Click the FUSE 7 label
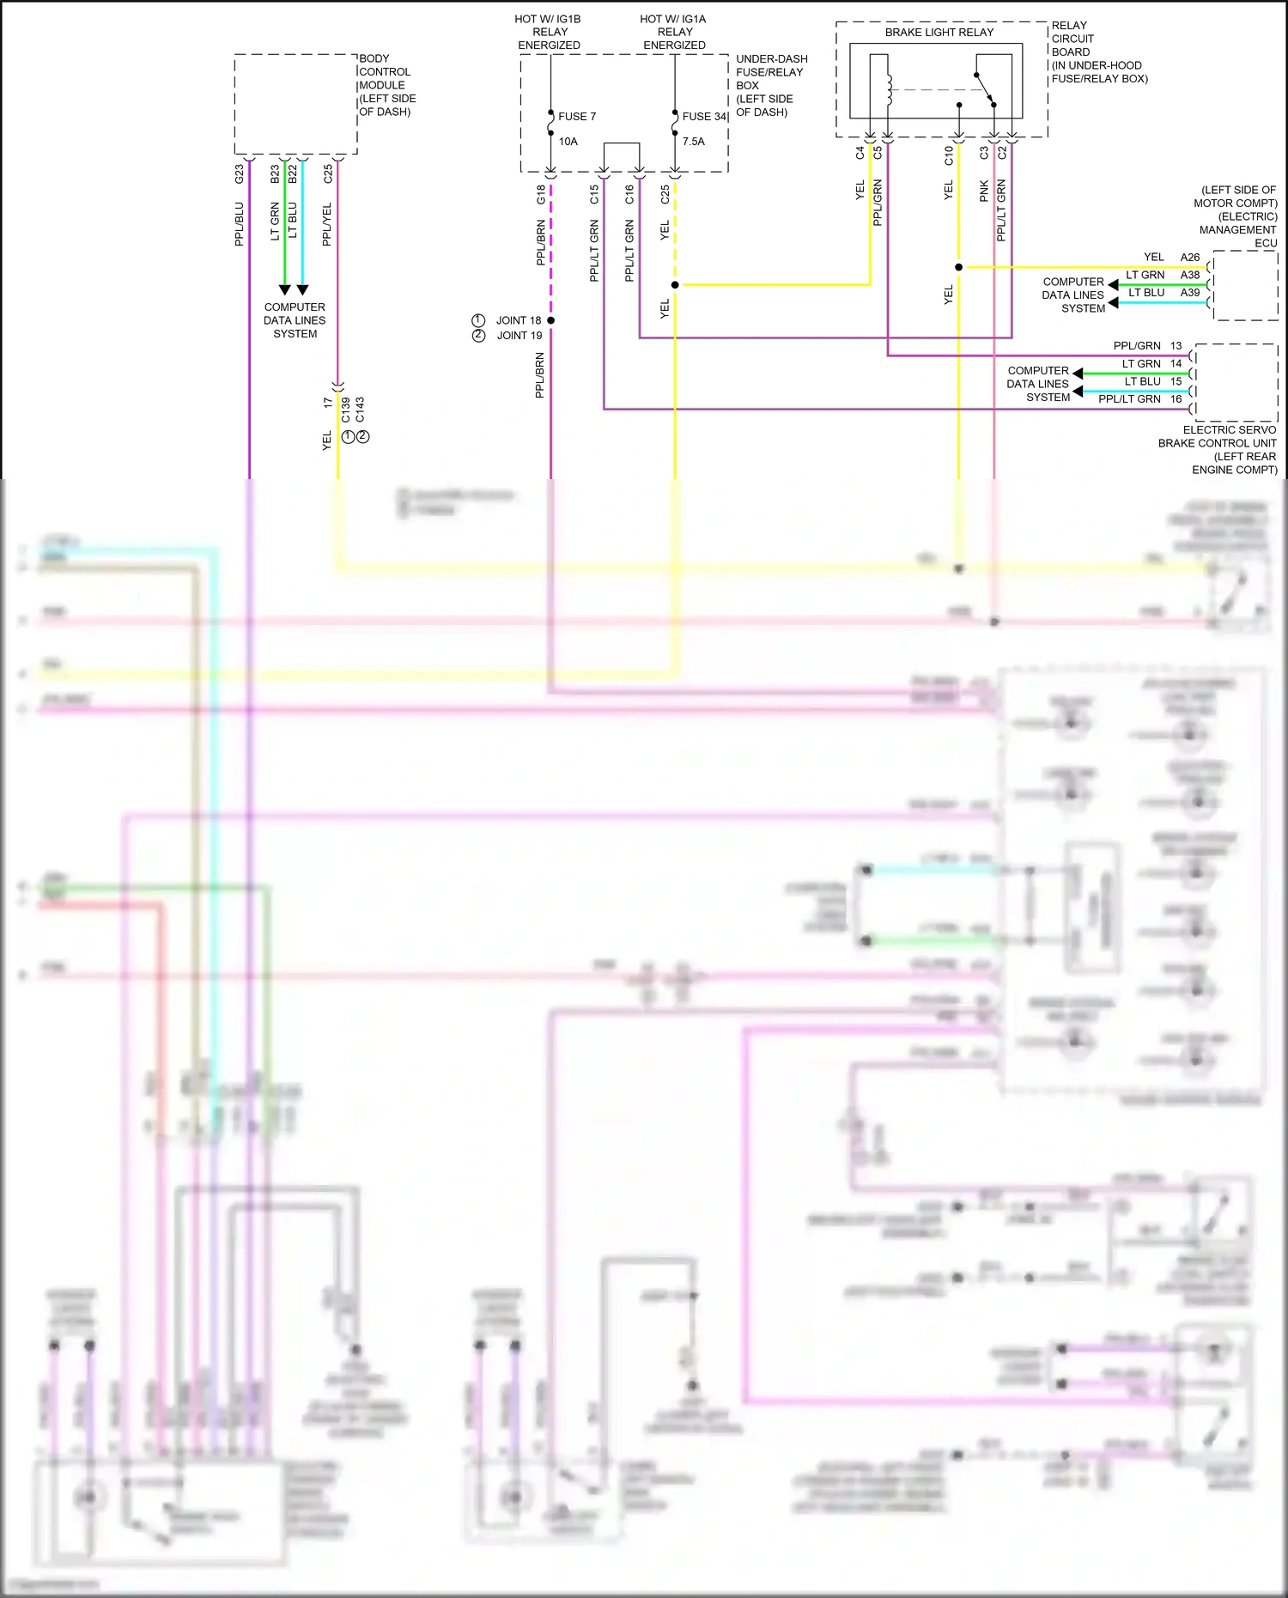576,117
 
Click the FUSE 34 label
704,117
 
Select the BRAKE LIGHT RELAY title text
939,33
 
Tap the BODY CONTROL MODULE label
386,85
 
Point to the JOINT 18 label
518,320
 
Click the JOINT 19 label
519,336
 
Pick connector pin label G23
240,173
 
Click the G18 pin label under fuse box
541,194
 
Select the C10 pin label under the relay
949,155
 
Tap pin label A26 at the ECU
1189,258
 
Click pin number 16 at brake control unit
1176,399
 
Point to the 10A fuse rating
568,142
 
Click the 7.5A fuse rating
694,142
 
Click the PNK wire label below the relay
984,191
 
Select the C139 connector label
346,410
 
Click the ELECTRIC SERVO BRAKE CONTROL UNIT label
1217,449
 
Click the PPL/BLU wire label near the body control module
240,224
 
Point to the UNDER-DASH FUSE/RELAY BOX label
770,85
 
